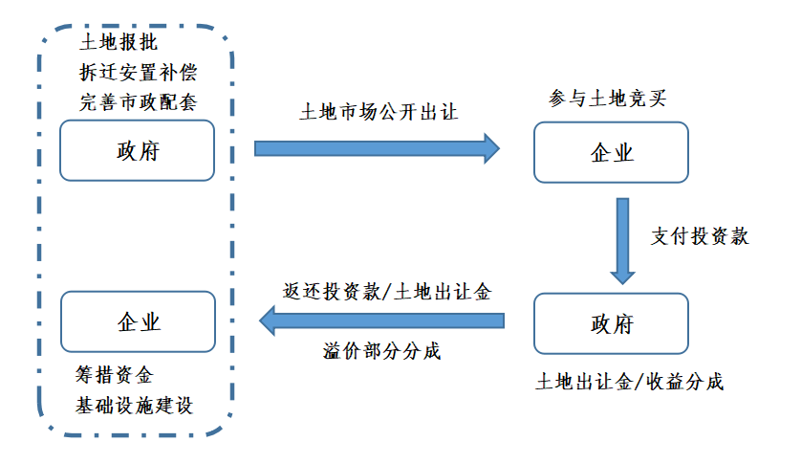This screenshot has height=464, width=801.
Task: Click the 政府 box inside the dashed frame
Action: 137,150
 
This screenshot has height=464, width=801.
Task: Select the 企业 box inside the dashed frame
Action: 137,320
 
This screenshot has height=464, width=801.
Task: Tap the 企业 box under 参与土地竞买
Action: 611,152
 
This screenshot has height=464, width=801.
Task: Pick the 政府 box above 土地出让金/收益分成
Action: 611,323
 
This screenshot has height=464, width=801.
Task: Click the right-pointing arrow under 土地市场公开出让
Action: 377,147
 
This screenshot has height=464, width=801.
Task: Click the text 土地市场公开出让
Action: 379,113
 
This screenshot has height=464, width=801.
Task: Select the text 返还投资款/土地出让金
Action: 387,292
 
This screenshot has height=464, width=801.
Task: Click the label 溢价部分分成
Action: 381,351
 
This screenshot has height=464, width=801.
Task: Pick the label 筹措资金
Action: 115,374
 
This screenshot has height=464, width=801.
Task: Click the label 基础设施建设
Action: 135,405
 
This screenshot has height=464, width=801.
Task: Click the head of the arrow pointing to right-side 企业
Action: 491,147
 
